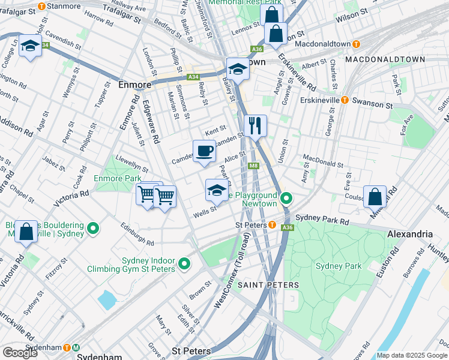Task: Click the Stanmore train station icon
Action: [41, 7]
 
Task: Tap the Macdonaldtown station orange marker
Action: [356, 44]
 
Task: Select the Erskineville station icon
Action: [345, 100]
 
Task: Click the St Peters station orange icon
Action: [272, 226]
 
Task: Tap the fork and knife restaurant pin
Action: [256, 126]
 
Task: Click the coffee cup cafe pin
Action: [204, 151]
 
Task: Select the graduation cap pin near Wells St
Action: [217, 191]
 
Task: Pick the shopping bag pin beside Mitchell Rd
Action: [375, 197]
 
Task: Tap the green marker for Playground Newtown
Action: [287, 197]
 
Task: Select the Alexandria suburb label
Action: [410, 234]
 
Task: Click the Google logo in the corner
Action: [20, 352]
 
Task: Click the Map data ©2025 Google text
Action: [412, 355]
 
